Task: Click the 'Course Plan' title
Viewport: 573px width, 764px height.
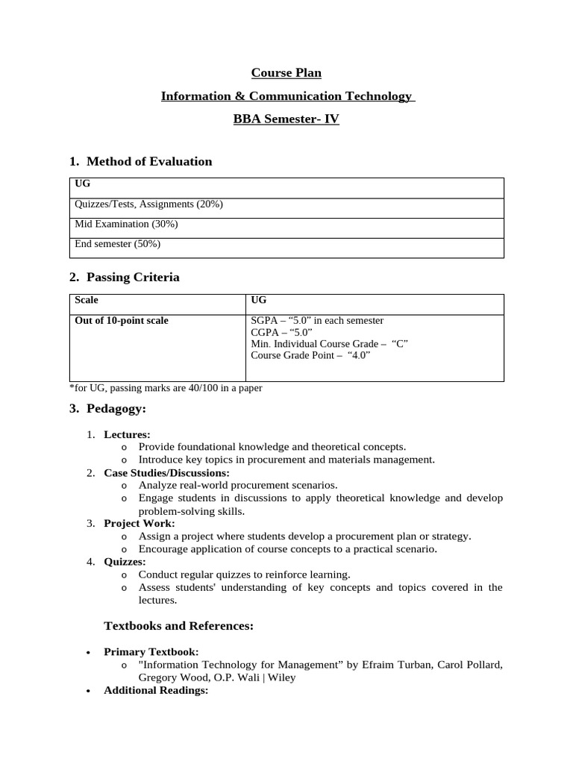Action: coord(286,72)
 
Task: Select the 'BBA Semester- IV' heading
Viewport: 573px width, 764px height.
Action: coord(286,119)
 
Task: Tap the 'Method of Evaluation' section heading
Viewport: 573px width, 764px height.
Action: coord(148,161)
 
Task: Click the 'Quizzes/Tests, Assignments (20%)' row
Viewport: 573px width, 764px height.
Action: coord(148,204)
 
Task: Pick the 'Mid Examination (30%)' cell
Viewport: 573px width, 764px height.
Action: coord(126,224)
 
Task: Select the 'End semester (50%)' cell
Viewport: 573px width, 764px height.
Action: coord(117,243)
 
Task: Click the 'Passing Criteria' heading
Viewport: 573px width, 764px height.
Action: coord(133,278)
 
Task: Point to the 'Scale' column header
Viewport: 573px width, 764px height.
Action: coord(87,300)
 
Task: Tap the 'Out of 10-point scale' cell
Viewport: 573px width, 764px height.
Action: coord(122,321)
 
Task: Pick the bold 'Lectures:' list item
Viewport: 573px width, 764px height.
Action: coord(127,434)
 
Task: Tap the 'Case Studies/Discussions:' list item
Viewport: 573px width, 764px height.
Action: coord(166,473)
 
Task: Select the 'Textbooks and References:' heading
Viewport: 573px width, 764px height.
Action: coord(178,626)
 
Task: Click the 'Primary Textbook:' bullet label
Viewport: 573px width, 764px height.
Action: coord(151,652)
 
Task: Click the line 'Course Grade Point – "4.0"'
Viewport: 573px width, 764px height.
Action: coord(310,355)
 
